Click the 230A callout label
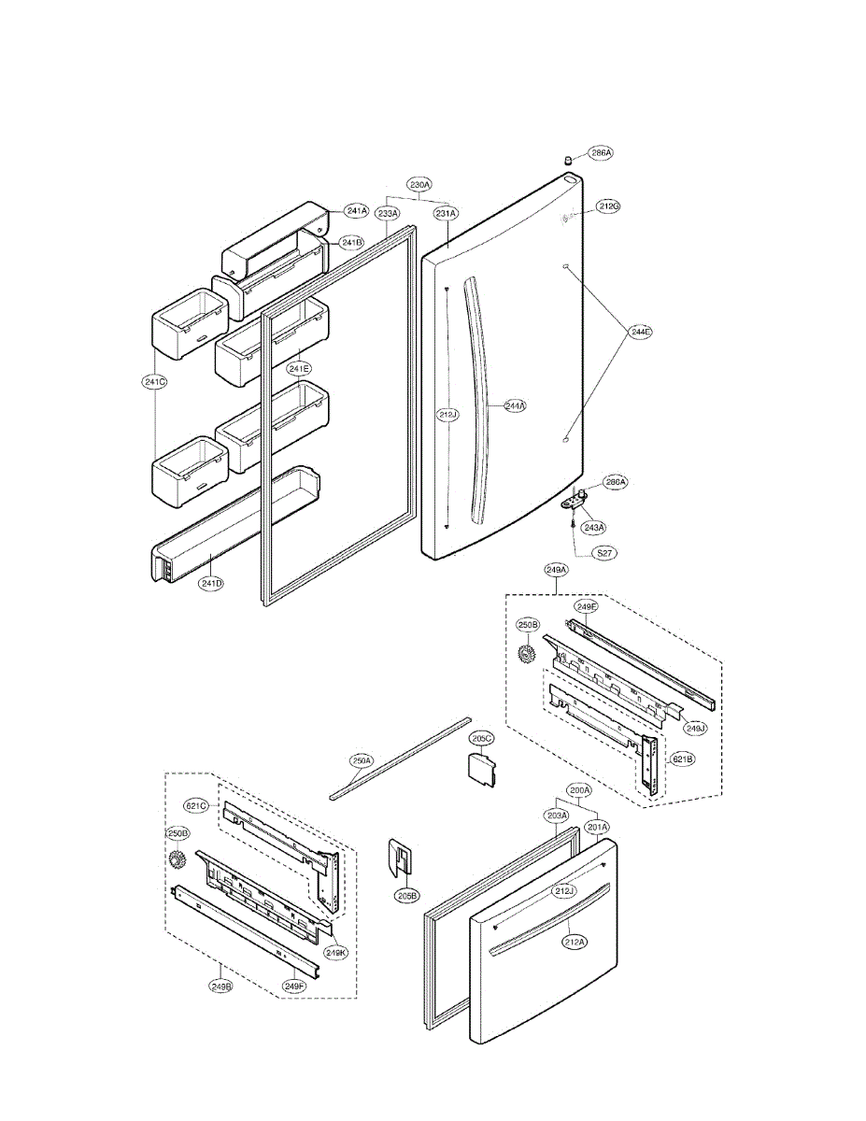coord(419,185)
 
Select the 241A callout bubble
coord(356,210)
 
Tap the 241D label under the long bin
coord(212,584)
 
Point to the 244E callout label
coord(641,331)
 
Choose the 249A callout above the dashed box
coord(558,569)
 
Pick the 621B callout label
coord(683,759)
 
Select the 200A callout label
coord(579,790)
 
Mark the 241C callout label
coord(154,381)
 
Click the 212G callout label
coord(609,206)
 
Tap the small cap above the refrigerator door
coord(568,161)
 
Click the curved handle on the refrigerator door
coord(482,402)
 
